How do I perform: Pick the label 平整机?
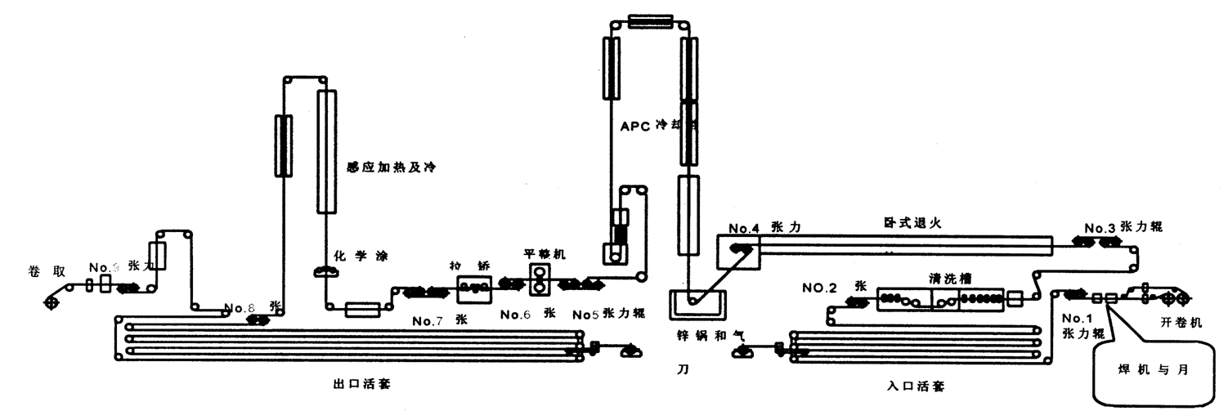(545, 254)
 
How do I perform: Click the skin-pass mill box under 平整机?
(540, 281)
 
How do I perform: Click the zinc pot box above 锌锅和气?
(697, 304)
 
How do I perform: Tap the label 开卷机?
(1181, 323)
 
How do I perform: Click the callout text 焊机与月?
(1153, 369)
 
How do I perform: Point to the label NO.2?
(819, 288)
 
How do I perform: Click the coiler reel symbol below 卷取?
(52, 303)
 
